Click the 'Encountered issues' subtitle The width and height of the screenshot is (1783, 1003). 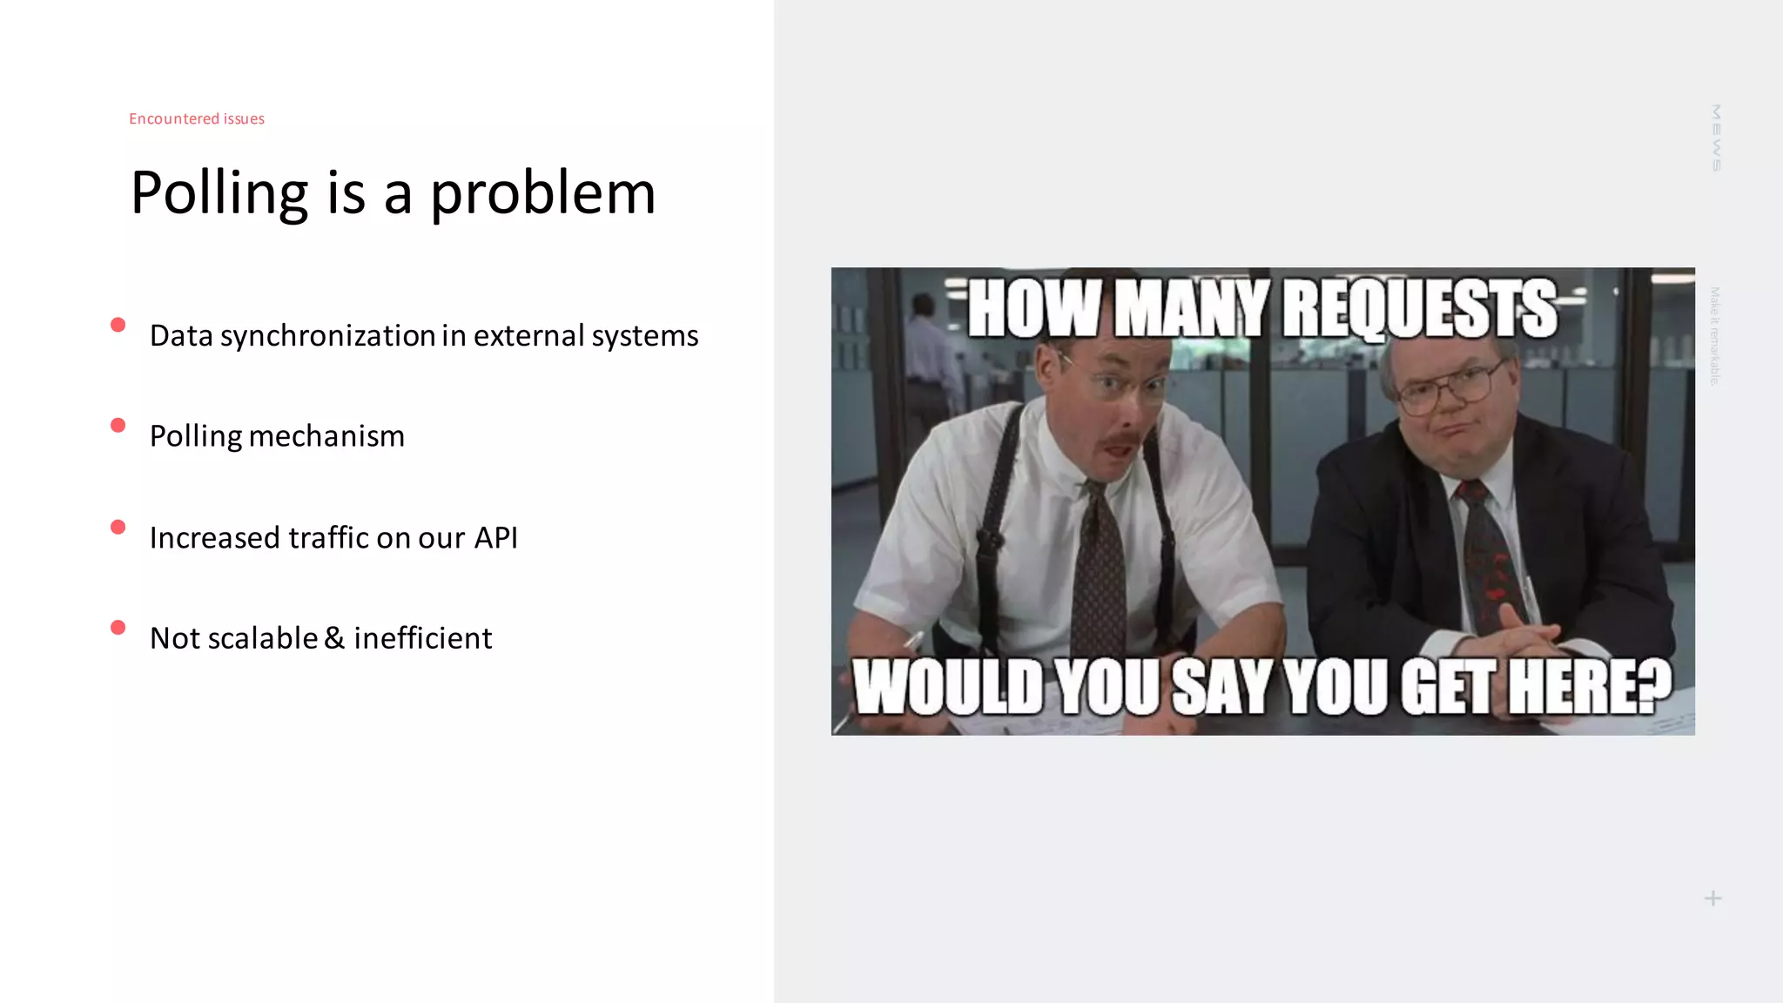tap(197, 118)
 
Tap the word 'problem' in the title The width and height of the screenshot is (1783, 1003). tap(542, 193)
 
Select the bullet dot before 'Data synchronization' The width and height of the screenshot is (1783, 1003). tap(118, 325)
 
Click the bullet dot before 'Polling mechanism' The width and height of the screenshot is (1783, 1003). tap(118, 425)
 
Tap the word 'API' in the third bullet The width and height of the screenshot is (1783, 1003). tap(495, 537)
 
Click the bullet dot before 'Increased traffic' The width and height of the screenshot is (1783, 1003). tap(118, 527)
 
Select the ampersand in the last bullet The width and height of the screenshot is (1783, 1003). tap(334, 638)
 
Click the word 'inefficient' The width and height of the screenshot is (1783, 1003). tap(422, 638)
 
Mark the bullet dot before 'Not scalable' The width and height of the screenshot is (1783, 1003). tap(118, 627)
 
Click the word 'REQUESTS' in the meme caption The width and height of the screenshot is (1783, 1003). tap(1419, 309)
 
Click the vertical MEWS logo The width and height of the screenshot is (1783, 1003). tap(1715, 138)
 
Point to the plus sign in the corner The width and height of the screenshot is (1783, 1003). tap(1712, 899)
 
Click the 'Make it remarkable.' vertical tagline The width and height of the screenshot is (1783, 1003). tap(1714, 336)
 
